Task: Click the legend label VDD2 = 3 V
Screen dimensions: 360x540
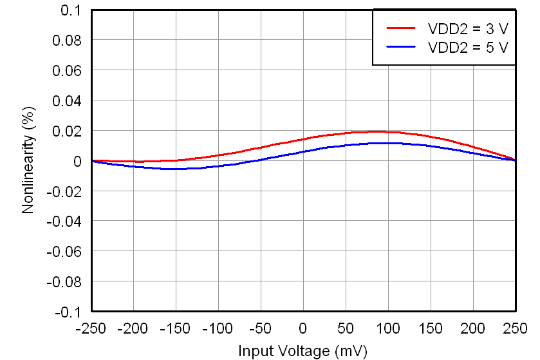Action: (x=468, y=28)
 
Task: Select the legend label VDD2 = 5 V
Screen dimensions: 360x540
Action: (x=468, y=47)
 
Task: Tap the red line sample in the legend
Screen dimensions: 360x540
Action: (x=401, y=28)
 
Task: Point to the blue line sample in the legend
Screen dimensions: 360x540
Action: (x=401, y=47)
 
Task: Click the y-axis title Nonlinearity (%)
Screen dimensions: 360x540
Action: (x=28, y=160)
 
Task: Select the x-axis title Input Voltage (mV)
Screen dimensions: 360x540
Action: (x=303, y=351)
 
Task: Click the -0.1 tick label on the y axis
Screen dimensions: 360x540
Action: (x=67, y=312)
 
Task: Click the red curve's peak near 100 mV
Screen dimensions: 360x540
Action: (x=380, y=131)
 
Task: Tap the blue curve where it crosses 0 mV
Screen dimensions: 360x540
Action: (x=303, y=151)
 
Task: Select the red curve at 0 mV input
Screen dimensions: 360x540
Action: (x=303, y=139)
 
